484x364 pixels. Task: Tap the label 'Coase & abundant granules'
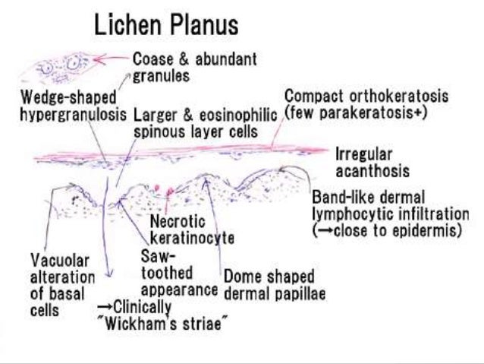coord(194,67)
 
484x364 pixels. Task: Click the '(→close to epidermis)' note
coord(387,230)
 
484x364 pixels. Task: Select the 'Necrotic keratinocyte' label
coord(190,229)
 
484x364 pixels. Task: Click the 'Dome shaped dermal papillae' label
coord(269,285)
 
